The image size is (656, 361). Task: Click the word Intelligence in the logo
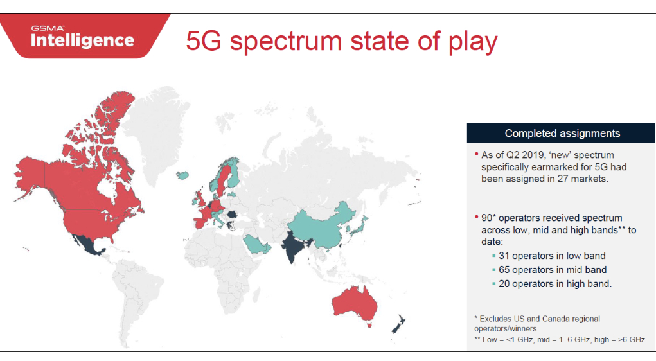tap(82, 40)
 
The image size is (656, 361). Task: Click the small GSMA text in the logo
tap(48, 28)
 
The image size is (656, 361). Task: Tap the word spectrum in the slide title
tap(286, 41)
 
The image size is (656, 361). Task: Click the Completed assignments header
tap(562, 134)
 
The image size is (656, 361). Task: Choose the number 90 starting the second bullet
tap(486, 218)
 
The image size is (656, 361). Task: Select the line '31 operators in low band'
tap(552, 256)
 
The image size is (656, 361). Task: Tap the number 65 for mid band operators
tap(504, 270)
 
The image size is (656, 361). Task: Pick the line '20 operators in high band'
tap(555, 284)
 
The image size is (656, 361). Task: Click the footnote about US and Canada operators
tap(537, 323)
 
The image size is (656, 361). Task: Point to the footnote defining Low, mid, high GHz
tap(560, 340)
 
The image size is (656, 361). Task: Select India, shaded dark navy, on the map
tap(294, 246)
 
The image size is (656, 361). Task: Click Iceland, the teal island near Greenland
tap(182, 175)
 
